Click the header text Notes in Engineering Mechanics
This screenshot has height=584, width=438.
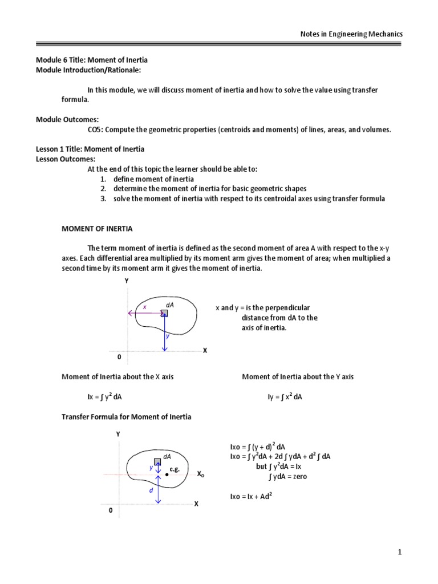pyautogui.click(x=351, y=34)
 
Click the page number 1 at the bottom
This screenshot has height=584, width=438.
pyautogui.click(x=400, y=552)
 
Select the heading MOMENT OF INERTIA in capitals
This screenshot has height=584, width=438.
pyautogui.click(x=97, y=229)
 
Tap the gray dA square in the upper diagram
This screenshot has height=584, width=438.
pyautogui.click(x=164, y=313)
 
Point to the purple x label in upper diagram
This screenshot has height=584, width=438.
pyautogui.click(x=145, y=307)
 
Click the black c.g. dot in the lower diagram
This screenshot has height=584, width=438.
pyautogui.click(x=167, y=474)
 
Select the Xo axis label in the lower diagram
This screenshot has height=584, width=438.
pyautogui.click(x=201, y=474)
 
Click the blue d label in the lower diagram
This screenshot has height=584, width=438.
pyautogui.click(x=151, y=490)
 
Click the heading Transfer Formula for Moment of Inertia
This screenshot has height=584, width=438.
pyautogui.click(x=126, y=417)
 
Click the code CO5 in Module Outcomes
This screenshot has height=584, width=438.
pyautogui.click(x=94, y=129)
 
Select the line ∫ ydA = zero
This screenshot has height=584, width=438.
pyautogui.click(x=287, y=477)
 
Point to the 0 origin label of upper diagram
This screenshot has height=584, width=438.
pyautogui.click(x=119, y=356)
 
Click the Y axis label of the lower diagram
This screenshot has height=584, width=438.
pyautogui.click(x=119, y=434)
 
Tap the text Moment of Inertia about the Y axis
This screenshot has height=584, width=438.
pyautogui.click(x=298, y=377)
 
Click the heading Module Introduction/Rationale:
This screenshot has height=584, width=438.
pyautogui.click(x=88, y=70)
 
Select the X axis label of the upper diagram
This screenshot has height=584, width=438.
pyautogui.click(x=205, y=351)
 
